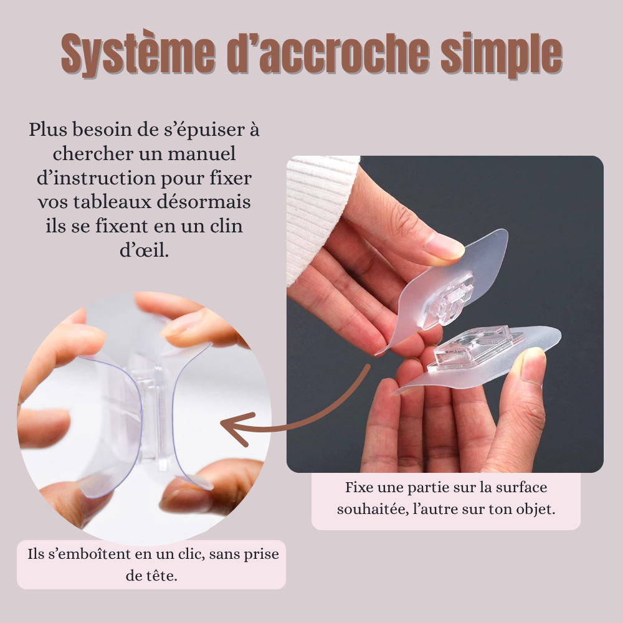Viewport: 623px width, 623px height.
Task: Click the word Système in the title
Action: click(x=138, y=54)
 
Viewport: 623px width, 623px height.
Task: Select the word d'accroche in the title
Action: click(x=328, y=53)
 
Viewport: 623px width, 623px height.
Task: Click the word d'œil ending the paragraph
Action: click(x=145, y=250)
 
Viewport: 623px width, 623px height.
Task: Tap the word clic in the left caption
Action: click(x=191, y=554)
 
